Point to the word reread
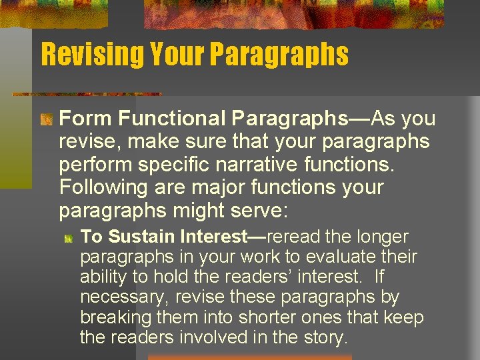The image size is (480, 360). (297, 237)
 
